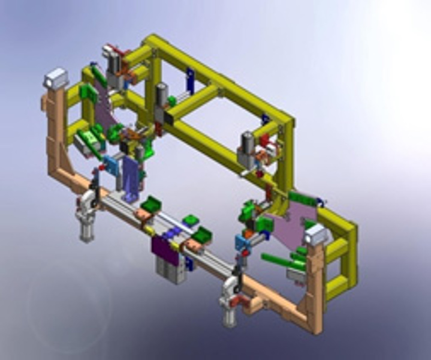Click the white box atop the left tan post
click(x=56, y=78)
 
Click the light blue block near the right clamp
click(x=242, y=242)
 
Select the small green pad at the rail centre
click(x=191, y=220)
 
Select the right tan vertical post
click(x=315, y=288)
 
